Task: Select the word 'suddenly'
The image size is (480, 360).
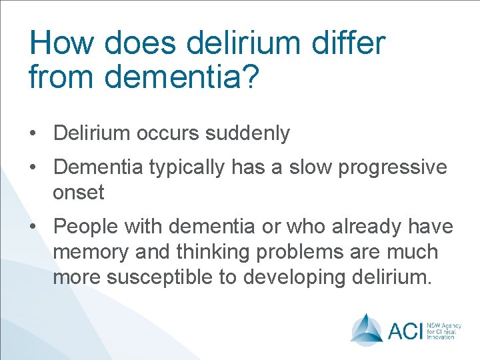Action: coord(248,133)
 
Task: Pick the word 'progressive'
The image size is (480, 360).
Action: coord(393,167)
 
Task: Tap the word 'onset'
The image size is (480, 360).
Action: coord(79,193)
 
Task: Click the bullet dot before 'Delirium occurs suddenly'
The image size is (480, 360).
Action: coord(33,134)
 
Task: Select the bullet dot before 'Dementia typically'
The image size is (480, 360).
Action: coord(33,167)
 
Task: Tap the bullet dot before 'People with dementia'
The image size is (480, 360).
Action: coord(33,227)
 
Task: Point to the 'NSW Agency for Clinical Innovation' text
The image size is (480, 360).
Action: coord(439,329)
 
